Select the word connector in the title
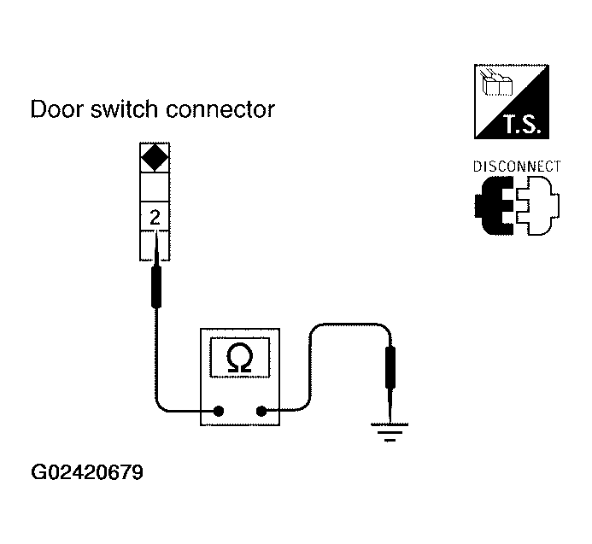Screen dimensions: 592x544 220,110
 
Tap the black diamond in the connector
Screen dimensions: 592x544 155,157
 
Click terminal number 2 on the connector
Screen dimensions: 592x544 155,218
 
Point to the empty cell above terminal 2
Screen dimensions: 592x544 155,187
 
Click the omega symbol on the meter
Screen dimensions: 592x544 240,358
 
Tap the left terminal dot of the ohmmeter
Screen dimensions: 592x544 219,411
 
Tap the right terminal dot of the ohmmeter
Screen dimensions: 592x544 261,411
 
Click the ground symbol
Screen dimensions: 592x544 390,432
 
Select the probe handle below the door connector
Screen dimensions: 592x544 156,287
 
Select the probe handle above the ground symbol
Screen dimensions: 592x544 390,367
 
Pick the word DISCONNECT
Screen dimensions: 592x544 517,167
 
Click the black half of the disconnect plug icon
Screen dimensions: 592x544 495,206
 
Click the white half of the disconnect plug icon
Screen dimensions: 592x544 538,206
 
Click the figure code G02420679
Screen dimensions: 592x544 87,472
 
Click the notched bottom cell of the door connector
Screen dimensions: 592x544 155,246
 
